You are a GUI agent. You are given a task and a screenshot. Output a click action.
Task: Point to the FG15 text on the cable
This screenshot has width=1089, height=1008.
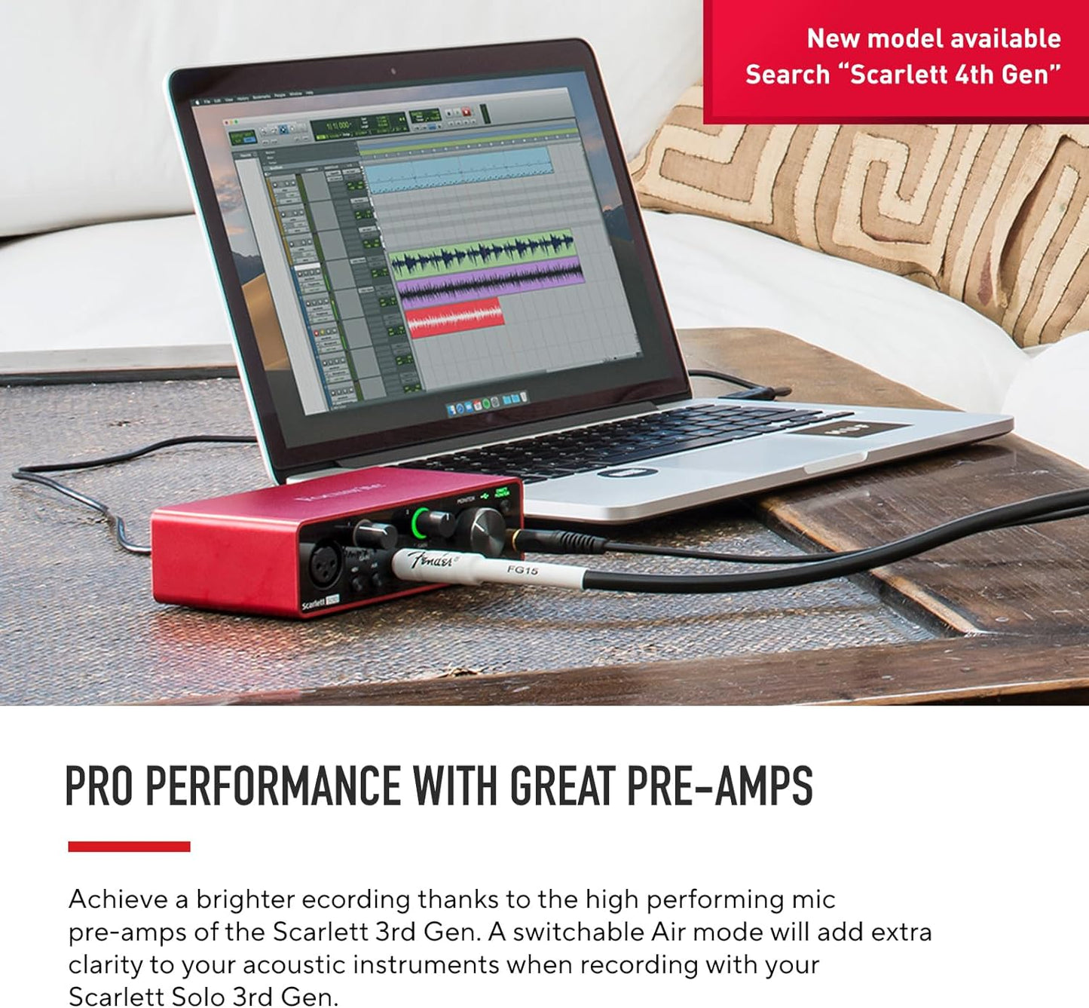522,570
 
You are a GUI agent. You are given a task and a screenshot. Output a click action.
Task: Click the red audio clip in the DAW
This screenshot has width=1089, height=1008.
454,317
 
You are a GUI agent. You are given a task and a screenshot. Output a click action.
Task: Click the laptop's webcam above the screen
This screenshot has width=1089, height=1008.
393,72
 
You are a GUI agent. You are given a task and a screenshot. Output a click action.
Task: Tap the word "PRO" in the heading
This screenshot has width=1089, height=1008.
99,786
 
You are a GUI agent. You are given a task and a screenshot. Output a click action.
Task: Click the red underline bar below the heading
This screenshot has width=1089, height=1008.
129,847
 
